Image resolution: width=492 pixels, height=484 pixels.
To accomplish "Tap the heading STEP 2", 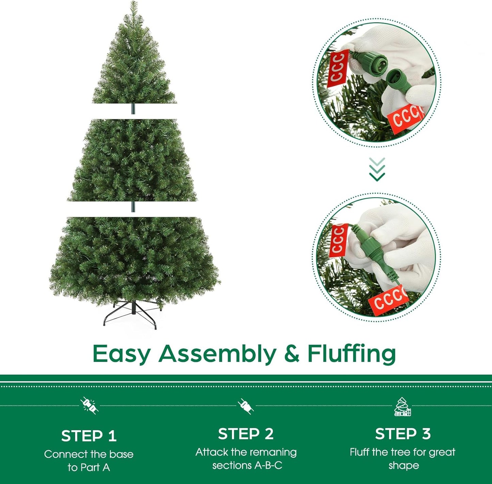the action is pos(245,434).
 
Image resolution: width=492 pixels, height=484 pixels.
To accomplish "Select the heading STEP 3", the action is pos(403,434).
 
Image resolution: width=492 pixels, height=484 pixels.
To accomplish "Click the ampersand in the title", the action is pos(292,354).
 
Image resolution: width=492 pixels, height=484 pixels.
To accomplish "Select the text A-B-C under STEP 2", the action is pos(269,465).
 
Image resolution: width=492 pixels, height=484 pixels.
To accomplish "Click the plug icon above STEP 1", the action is pos(89,406).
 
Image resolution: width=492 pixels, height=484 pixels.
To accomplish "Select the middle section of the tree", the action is pos(132,160).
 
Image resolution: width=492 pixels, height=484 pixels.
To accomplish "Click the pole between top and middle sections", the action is pos(133,109).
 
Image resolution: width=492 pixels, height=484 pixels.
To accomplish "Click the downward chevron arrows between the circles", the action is pos(377,169).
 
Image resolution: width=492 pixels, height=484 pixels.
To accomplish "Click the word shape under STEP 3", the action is pos(404,465).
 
